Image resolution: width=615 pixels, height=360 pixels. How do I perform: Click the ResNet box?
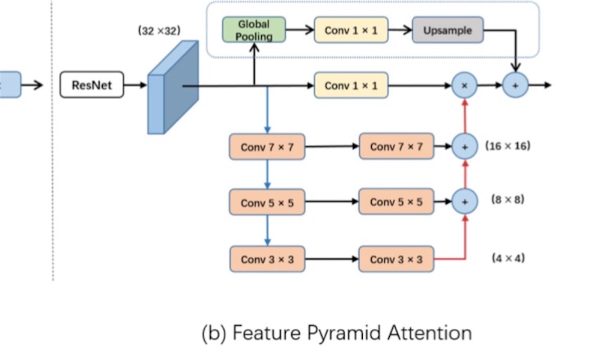pyautogui.click(x=91, y=85)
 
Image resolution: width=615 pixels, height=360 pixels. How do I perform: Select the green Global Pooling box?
pyautogui.click(x=254, y=30)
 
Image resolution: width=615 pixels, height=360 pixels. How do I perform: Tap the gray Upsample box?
pyautogui.click(x=447, y=30)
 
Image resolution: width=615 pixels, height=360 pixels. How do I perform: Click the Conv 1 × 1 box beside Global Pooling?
pyautogui.click(x=351, y=30)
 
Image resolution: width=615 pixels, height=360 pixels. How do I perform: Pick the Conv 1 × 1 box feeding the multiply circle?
pyautogui.click(x=351, y=85)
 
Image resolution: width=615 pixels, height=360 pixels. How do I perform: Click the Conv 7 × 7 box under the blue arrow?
pyautogui.click(x=267, y=147)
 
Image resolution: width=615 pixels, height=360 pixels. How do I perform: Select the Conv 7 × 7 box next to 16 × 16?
pyautogui.click(x=396, y=147)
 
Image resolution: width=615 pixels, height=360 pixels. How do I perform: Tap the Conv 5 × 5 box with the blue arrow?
pyautogui.click(x=267, y=203)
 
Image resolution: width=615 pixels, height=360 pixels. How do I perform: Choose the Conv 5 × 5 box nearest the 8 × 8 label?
pyautogui.click(x=396, y=202)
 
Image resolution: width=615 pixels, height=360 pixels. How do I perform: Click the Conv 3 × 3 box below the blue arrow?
pyautogui.click(x=267, y=259)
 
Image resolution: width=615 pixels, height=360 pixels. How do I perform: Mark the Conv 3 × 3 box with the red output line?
pyautogui.click(x=396, y=259)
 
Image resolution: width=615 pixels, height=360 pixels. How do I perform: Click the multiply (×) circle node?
pyautogui.click(x=464, y=85)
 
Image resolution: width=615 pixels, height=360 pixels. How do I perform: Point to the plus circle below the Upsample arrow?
pyautogui.click(x=515, y=85)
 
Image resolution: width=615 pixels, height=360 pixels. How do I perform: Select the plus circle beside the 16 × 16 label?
pyautogui.click(x=464, y=147)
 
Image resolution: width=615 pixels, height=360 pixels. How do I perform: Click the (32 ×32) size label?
pyautogui.click(x=159, y=31)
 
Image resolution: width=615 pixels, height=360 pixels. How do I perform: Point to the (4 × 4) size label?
pyautogui.click(x=508, y=258)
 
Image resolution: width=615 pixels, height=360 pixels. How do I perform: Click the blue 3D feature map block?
pyautogui.click(x=173, y=87)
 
